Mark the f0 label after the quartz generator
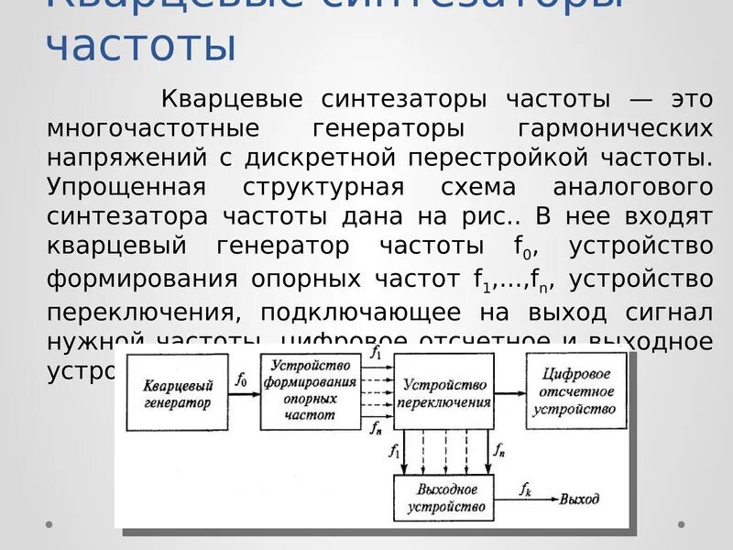pos(241,379)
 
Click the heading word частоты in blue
pos(140,47)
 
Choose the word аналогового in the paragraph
pos(633,187)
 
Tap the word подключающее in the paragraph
pos(352,313)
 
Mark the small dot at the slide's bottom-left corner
pos(49,524)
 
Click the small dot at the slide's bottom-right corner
pos(681,524)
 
